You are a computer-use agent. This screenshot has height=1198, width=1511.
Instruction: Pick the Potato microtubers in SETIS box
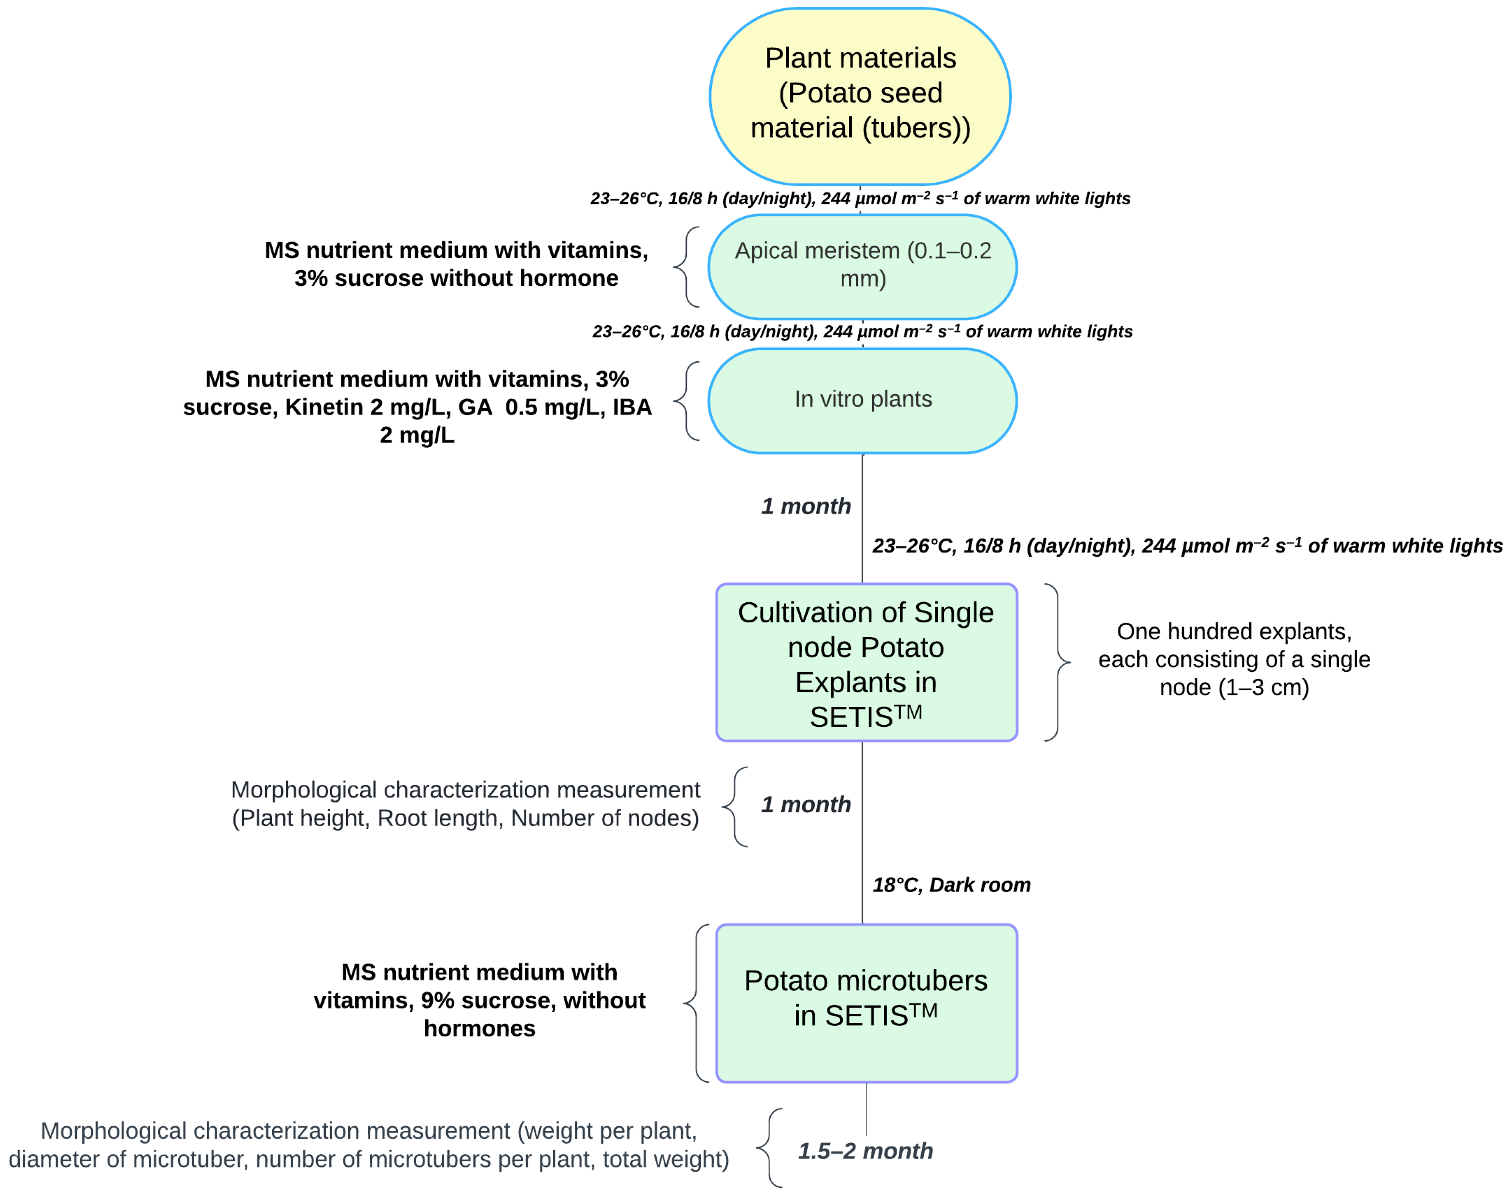(866, 1003)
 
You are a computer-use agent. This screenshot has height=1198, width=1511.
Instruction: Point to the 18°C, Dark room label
(951, 885)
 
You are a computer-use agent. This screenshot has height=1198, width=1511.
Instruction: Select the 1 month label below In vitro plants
(806, 506)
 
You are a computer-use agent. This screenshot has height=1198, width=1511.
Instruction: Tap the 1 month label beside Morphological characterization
(806, 804)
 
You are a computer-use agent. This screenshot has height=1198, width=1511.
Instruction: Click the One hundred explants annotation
(1234, 659)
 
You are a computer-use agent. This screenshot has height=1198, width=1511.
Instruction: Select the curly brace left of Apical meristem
(687, 266)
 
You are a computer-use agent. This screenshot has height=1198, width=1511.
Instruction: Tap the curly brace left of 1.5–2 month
(769, 1148)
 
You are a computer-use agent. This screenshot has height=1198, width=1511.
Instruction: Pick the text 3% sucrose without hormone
(456, 278)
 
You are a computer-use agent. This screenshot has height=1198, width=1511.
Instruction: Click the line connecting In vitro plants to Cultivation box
(862, 519)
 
